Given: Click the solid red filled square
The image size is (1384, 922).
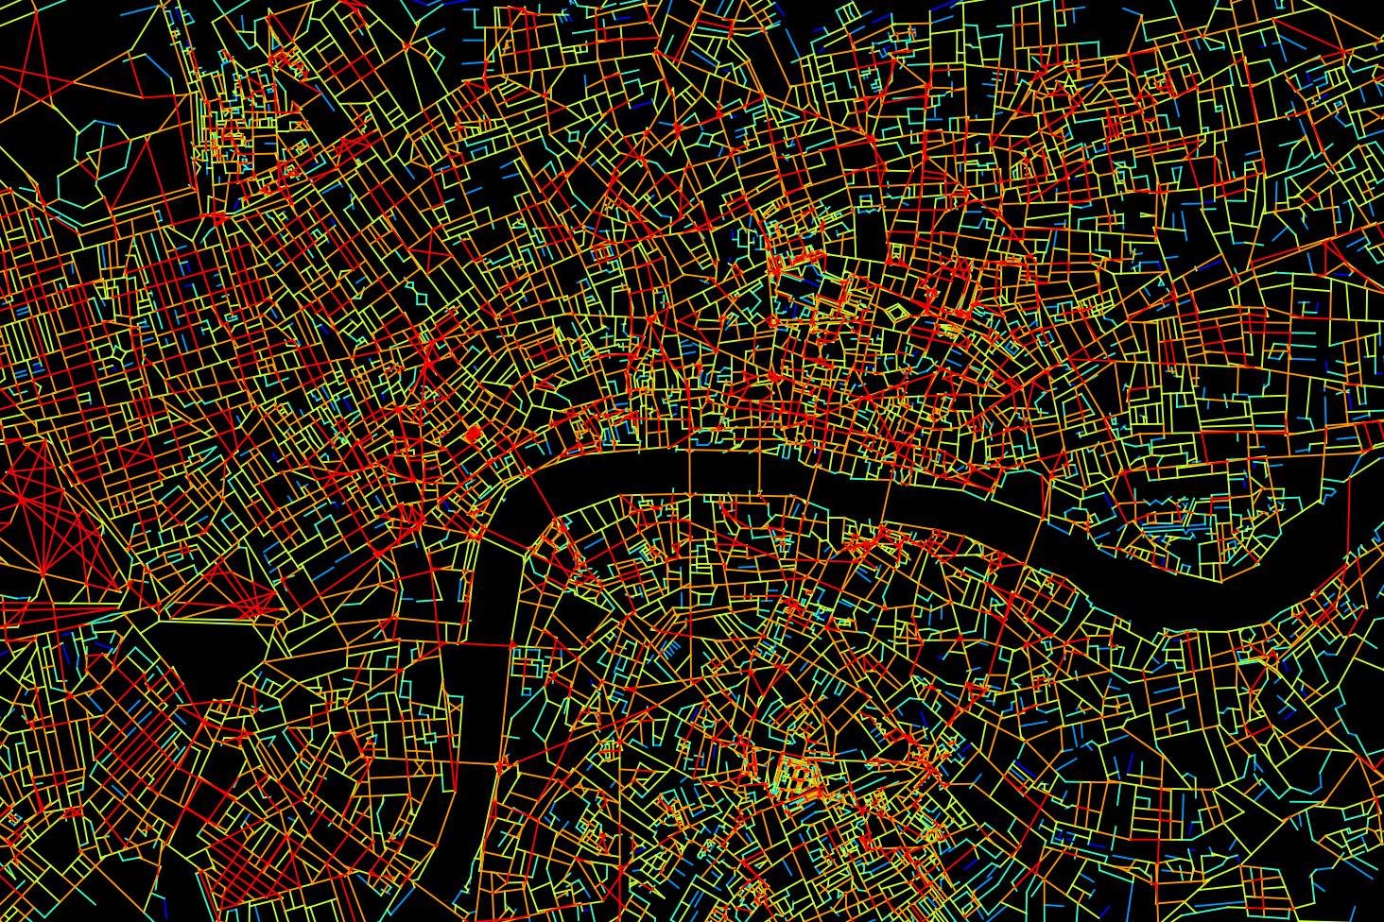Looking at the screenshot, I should pyautogui.click(x=474, y=435).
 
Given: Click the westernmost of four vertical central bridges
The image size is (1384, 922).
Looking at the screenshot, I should pyautogui.click(x=689, y=472).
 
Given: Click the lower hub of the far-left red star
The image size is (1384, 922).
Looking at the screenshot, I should pyautogui.click(x=43, y=572).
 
